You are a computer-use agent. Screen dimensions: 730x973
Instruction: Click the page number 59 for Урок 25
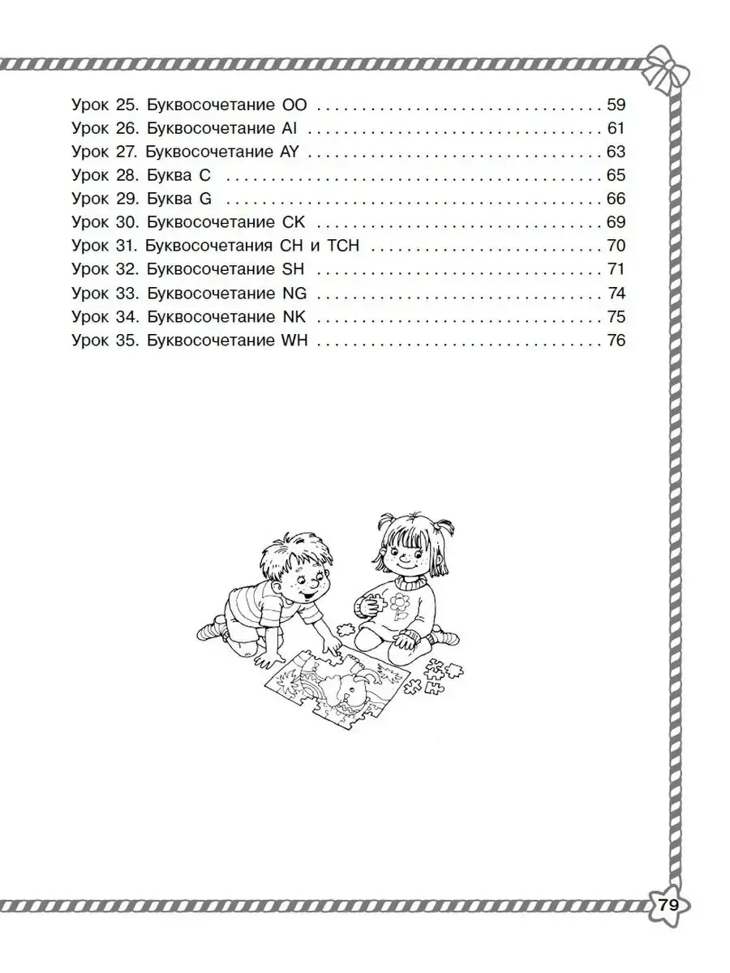coord(616,105)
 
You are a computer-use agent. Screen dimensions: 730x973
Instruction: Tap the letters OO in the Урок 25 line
coord(294,105)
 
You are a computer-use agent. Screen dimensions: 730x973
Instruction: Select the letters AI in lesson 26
coord(289,129)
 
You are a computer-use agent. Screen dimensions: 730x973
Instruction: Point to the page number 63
coord(616,152)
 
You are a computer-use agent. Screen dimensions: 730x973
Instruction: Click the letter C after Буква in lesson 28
coord(204,175)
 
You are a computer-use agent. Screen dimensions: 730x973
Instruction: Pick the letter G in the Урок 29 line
coord(206,199)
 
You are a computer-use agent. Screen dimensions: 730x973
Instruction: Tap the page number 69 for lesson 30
coord(616,222)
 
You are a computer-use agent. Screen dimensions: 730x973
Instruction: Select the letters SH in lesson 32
coord(294,269)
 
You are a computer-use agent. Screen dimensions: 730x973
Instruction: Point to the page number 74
coord(616,294)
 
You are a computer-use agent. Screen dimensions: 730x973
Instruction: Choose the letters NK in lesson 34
coord(294,317)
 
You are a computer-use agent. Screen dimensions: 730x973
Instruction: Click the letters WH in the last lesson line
coord(294,341)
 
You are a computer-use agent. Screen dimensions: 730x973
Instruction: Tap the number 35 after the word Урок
coord(126,341)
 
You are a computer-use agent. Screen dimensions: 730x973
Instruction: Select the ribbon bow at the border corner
coord(666,70)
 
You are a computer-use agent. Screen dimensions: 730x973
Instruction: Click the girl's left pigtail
coord(387,525)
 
